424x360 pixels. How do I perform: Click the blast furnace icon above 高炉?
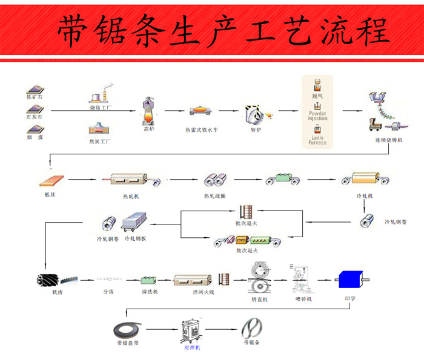point(148,111)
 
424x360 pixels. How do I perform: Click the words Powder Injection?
point(317,115)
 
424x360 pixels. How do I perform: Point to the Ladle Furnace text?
point(317,140)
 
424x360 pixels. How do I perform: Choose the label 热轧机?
point(131,196)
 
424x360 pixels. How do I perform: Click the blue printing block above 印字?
point(350,280)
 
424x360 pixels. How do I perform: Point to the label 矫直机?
point(259,299)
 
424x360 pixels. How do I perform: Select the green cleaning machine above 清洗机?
point(149,280)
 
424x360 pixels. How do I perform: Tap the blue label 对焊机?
point(192,347)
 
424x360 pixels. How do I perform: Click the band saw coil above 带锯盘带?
point(127,330)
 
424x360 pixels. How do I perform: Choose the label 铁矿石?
point(35,97)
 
